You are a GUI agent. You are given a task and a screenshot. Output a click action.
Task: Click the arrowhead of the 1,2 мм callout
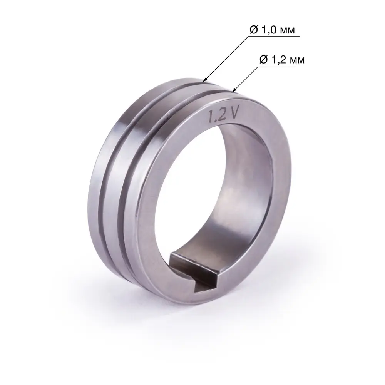click(233, 91)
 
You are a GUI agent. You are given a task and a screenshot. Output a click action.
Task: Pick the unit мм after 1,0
click(289, 31)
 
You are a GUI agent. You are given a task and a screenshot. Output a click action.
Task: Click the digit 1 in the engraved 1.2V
click(211, 117)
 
